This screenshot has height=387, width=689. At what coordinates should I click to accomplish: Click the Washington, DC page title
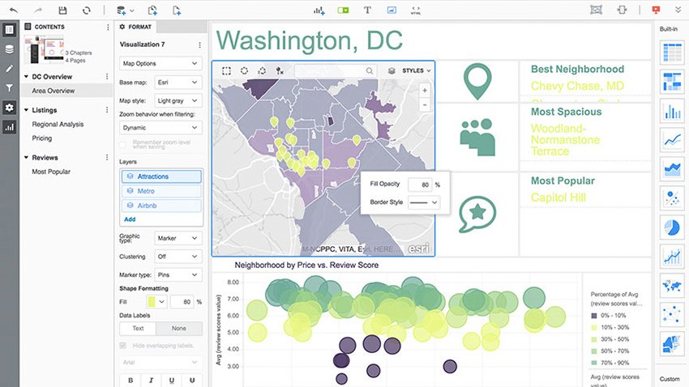310,40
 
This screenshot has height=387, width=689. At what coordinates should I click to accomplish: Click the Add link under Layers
130,219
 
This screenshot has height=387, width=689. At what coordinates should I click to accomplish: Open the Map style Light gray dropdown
178,100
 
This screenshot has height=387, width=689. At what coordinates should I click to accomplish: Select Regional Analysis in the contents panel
58,125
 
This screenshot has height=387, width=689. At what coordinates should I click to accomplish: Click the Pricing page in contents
42,138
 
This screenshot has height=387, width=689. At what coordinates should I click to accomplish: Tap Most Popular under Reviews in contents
51,172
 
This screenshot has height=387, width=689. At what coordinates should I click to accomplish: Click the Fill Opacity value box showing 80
419,185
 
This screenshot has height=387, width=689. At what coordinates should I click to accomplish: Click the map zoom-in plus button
425,91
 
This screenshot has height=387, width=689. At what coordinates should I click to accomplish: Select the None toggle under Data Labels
178,329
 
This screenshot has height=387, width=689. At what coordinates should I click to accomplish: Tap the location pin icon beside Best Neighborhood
478,81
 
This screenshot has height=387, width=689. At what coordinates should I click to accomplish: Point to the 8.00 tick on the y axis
233,283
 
